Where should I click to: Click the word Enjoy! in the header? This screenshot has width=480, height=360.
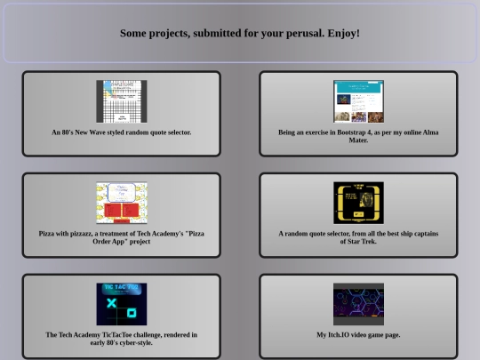tap(342, 33)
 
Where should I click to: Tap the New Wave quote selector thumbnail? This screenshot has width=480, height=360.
tap(121, 101)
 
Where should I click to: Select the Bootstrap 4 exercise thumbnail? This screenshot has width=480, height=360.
tap(358, 101)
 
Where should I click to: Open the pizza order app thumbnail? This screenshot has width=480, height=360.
tap(121, 203)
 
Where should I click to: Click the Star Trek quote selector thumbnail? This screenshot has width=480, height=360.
tap(358, 203)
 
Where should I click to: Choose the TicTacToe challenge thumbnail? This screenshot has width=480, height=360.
tap(121, 304)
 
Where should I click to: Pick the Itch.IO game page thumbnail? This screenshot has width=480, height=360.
tap(358, 304)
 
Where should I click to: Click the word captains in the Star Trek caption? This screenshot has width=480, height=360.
tap(420, 234)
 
